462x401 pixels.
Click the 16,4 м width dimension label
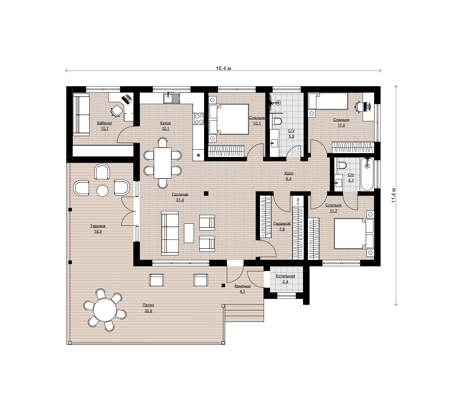point(223,68)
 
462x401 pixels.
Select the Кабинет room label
point(104,123)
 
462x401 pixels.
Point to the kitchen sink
point(172,98)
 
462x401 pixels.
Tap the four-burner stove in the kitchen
point(199,119)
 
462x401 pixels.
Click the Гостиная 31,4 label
point(180,197)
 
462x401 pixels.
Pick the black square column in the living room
point(206,193)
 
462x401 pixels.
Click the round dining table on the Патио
point(105,310)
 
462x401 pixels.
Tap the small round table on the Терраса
point(102,191)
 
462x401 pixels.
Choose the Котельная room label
point(286,276)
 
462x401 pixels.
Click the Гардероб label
point(282,224)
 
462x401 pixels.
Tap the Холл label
point(288,173)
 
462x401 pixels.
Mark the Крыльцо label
point(242,286)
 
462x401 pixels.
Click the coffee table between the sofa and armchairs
point(189,233)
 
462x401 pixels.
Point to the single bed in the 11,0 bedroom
point(328,101)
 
